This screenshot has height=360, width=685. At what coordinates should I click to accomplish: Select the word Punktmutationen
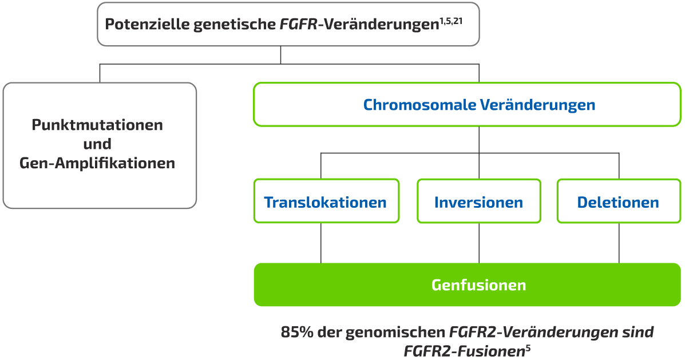coord(97,125)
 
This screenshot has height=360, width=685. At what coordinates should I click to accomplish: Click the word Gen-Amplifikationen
coord(97,163)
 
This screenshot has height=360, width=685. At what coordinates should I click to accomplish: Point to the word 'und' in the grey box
coord(97,144)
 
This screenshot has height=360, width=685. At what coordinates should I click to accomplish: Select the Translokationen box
coord(326,202)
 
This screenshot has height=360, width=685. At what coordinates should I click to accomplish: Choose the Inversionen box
coord(478,202)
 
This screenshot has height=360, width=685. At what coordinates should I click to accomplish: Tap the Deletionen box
coord(618,202)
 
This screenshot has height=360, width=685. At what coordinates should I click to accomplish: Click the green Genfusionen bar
coord(467,284)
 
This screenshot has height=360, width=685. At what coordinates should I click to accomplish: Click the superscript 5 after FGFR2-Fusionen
coord(528,347)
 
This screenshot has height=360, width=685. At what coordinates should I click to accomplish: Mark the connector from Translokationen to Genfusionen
coord(320,243)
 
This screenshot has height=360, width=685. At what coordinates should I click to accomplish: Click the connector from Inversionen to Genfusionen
coord(479,243)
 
